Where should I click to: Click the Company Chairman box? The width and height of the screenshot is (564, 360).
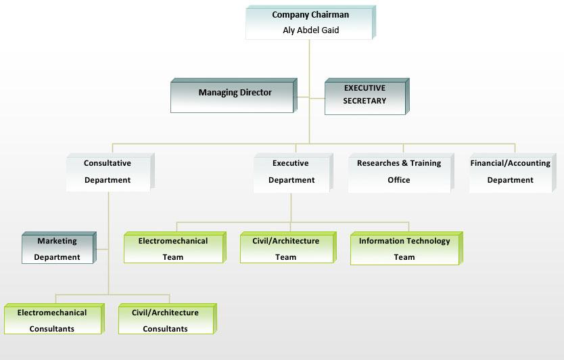(311, 22)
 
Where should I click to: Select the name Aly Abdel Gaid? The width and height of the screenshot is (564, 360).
(311, 30)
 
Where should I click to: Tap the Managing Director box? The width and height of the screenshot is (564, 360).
(234, 95)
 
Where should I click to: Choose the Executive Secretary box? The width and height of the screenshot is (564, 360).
(367, 97)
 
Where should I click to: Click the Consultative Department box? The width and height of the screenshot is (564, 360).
(110, 172)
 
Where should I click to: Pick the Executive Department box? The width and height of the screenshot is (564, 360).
(293, 173)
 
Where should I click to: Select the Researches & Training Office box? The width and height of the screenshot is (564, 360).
(401, 173)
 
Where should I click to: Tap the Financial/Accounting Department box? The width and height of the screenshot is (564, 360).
(513, 173)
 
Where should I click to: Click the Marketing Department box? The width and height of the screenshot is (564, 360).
(59, 248)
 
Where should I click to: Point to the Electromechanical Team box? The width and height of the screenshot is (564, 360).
(174, 247)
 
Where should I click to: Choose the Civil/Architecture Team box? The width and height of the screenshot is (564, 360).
(288, 247)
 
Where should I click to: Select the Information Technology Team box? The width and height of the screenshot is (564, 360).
(406, 248)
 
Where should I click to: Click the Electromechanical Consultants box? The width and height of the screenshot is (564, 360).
(54, 319)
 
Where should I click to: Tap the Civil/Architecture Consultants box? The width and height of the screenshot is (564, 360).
(168, 319)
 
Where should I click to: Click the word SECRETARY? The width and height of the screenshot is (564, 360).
(365, 101)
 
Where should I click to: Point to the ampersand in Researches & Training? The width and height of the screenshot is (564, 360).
(404, 163)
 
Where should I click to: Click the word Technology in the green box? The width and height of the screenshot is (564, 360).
(427, 241)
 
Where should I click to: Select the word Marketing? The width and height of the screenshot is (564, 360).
(57, 241)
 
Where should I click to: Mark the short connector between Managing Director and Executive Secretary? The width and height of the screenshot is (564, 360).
(311, 97)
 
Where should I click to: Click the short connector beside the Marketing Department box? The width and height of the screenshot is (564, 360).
(102, 249)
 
